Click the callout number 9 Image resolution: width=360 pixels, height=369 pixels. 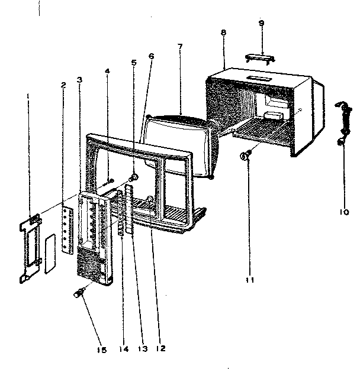[x=262, y=23]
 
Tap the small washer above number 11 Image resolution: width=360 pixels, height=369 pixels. [x=244, y=156]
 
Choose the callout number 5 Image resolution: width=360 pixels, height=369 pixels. [x=134, y=61]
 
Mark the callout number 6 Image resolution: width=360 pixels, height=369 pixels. [x=151, y=56]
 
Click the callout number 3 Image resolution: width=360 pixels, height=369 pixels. [x=79, y=79]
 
